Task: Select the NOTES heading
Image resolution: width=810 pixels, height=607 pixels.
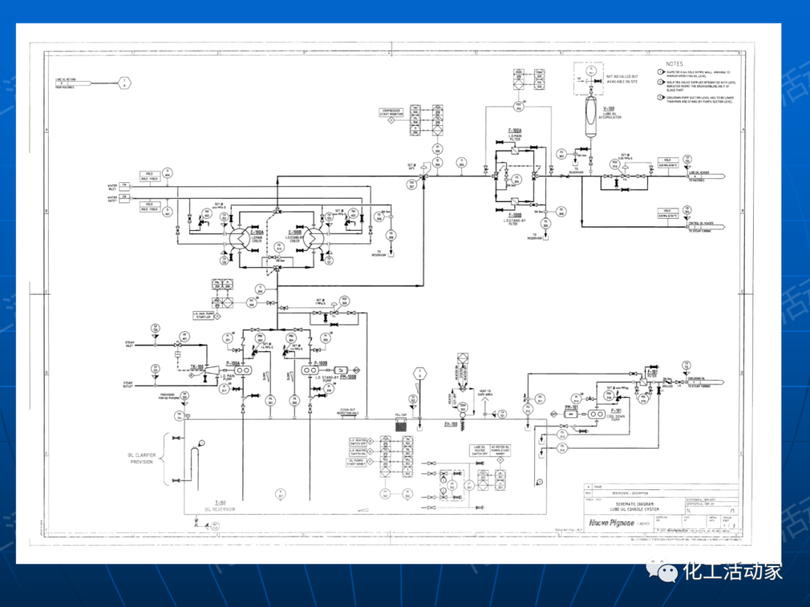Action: (674, 64)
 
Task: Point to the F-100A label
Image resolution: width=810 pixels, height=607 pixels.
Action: (514, 130)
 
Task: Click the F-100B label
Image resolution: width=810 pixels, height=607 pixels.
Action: (514, 217)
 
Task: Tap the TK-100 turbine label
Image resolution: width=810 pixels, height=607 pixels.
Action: (198, 366)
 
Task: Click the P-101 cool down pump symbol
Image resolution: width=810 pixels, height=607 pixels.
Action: (598, 413)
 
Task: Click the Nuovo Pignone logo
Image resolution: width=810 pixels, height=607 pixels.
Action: (609, 522)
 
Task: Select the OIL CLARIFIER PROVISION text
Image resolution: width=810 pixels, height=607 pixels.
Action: (139, 459)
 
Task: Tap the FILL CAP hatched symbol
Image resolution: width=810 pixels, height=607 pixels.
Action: (400, 425)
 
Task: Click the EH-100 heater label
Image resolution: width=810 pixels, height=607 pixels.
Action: (451, 424)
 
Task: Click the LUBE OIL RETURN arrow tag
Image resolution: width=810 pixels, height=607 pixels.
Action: (124, 83)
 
